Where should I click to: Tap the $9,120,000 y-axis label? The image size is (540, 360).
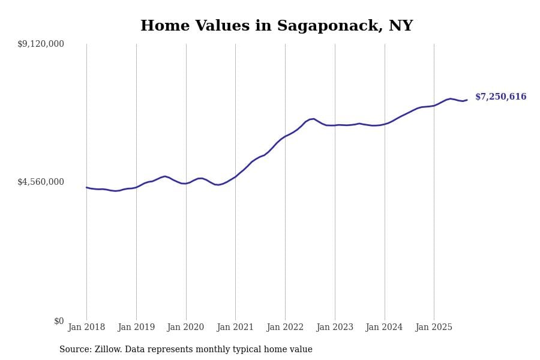click(41, 44)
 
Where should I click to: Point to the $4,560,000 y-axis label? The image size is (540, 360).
click(41, 182)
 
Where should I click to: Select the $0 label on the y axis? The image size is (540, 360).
click(59, 321)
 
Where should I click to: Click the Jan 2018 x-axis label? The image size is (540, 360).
click(86, 328)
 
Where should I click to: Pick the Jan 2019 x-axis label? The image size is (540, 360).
click(136, 328)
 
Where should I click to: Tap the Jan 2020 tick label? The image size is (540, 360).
click(185, 328)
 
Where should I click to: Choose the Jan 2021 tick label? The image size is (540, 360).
click(235, 328)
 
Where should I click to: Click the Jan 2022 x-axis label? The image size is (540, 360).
click(285, 328)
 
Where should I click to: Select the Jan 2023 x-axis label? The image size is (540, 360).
click(335, 328)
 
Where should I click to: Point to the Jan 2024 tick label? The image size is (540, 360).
click(384, 328)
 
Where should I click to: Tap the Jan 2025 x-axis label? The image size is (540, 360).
click(434, 328)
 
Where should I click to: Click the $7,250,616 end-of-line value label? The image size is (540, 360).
click(500, 97)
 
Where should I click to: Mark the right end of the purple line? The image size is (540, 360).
click(467, 100)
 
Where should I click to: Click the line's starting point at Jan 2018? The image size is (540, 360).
click(86, 187)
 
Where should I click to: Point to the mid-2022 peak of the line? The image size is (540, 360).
click(313, 119)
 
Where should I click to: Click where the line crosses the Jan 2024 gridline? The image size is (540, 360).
click(385, 124)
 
